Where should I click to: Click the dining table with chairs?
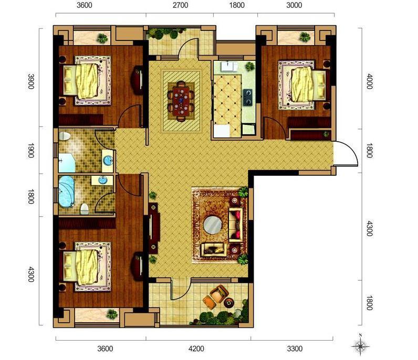coord(181,101)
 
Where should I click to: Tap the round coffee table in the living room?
coord(213,225)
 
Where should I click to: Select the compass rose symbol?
coord(360,345)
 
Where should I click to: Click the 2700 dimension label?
coord(180,5)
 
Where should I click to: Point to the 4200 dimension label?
coord(196,348)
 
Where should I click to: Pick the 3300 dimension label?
coord(295,348)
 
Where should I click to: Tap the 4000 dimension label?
coord(369,81)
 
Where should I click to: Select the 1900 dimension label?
coord(31,151)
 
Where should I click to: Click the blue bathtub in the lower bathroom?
coord(66,192)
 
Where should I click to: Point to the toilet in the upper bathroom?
coord(65,136)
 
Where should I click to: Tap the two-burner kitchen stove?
coord(248,97)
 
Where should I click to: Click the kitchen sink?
coord(228,66)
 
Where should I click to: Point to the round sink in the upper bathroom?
coord(108,160)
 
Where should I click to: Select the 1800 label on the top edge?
coord(237,5)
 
